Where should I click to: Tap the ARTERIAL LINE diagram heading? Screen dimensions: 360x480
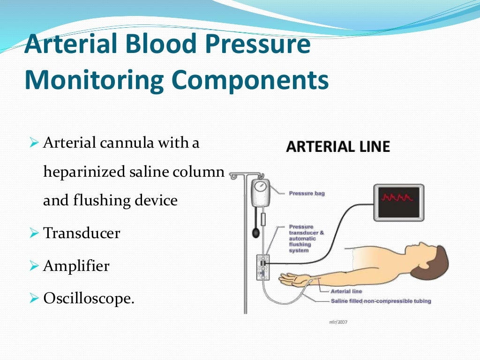(338, 147)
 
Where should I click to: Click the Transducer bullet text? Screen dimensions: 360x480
(82, 233)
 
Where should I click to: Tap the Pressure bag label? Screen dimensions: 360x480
(307, 193)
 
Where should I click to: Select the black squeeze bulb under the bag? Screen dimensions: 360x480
(255, 232)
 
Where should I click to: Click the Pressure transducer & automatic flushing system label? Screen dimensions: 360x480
(306, 239)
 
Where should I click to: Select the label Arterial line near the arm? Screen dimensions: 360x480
(346, 292)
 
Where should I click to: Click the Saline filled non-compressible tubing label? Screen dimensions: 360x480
(381, 301)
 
